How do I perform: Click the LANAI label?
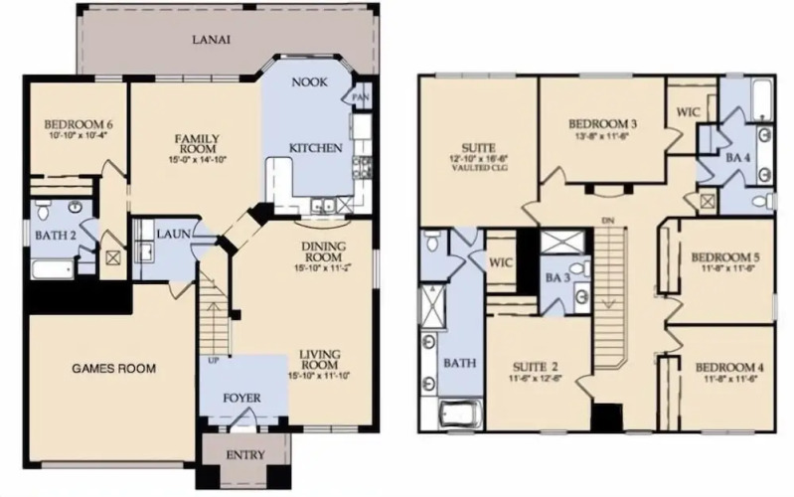pyautogui.click(x=211, y=40)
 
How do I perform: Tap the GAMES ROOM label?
pyautogui.click(x=113, y=369)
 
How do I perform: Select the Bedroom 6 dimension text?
pyautogui.click(x=78, y=135)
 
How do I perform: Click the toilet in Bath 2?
pyautogui.click(x=43, y=211)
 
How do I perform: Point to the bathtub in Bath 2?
pyautogui.click(x=53, y=269)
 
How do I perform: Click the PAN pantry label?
pyautogui.click(x=361, y=97)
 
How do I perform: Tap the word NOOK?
pyautogui.click(x=309, y=83)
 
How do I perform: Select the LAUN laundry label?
pyautogui.click(x=173, y=234)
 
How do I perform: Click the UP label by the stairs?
pyautogui.click(x=213, y=360)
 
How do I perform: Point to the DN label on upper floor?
pyautogui.click(x=607, y=221)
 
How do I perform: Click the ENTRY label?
pyautogui.click(x=245, y=455)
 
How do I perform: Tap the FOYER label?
pyautogui.click(x=242, y=399)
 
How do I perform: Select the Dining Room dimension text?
pyautogui.click(x=323, y=267)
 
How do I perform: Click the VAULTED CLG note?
pyautogui.click(x=479, y=167)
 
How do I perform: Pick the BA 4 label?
pyautogui.click(x=737, y=158)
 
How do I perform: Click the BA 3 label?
pyautogui.click(x=557, y=277)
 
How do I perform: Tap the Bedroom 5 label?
pyautogui.click(x=727, y=257)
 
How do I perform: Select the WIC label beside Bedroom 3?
pyautogui.click(x=689, y=111)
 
